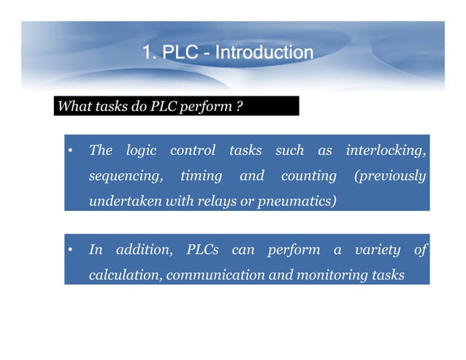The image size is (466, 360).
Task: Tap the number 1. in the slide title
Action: click(149, 53)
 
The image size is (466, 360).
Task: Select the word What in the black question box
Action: click(73, 107)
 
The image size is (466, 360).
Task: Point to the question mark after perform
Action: click(240, 107)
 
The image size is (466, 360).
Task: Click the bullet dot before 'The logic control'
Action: click(69, 152)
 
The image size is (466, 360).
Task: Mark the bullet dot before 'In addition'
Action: click(69, 251)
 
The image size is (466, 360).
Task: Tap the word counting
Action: click(308, 176)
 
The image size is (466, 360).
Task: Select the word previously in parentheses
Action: click(389, 176)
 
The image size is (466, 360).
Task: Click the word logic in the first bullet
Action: click(142, 151)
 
